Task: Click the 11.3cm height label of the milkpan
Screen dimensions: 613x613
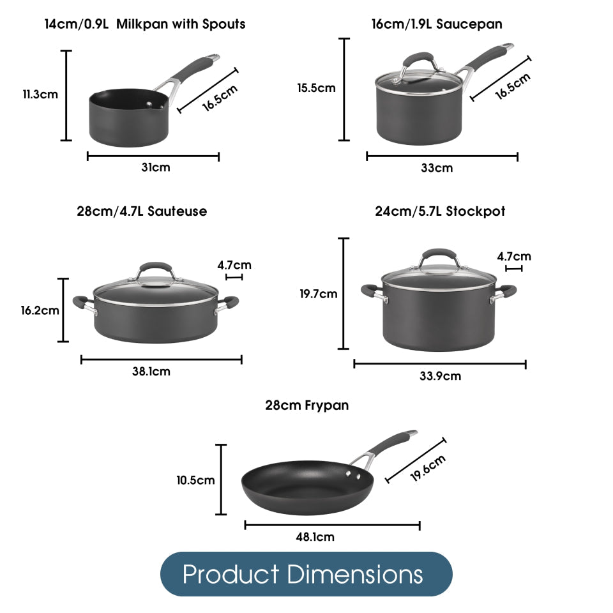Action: tap(40, 95)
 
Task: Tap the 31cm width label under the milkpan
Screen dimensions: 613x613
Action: tap(156, 167)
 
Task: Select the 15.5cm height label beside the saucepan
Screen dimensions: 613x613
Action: tap(316, 88)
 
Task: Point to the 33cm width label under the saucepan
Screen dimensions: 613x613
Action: tap(437, 168)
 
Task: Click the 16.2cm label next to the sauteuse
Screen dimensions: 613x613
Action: tap(40, 310)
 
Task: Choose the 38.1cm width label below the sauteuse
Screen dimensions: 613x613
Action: tap(151, 371)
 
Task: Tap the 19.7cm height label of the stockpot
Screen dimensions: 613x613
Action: tap(319, 294)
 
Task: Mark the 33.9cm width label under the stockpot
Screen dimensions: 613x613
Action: tap(440, 376)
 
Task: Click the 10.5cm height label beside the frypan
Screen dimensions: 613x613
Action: tap(195, 480)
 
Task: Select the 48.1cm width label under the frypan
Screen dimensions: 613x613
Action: tap(315, 537)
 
